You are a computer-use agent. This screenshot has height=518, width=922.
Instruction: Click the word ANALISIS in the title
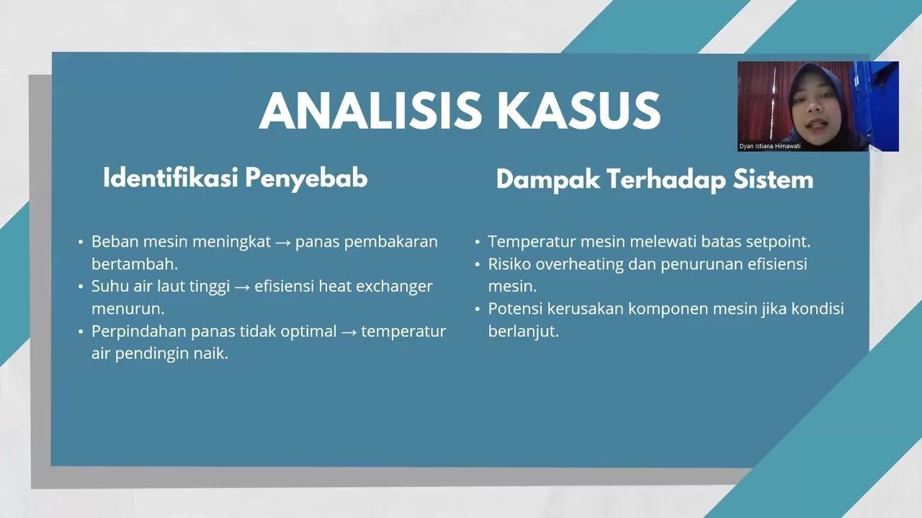[x=370, y=112]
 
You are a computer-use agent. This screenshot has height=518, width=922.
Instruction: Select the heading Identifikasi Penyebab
[x=235, y=178]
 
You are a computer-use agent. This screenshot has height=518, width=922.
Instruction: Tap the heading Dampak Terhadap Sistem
[x=654, y=179]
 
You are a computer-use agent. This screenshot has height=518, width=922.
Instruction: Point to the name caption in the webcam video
[x=769, y=146]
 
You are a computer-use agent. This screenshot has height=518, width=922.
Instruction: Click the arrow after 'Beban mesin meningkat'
[x=283, y=242]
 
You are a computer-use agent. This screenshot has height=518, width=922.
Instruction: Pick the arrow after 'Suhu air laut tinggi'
[x=242, y=286]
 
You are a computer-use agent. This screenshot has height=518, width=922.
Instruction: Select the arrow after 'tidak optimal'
[x=349, y=332]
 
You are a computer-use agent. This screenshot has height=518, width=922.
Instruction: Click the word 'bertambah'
[x=134, y=264]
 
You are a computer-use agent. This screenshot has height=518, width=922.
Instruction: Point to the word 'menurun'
[x=127, y=309]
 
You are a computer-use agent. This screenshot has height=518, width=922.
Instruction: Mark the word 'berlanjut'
[x=523, y=332]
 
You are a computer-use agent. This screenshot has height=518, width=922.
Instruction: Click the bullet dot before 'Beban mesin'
[x=81, y=242]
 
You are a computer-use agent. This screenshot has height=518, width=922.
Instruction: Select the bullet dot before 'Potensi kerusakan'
[x=478, y=309]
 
